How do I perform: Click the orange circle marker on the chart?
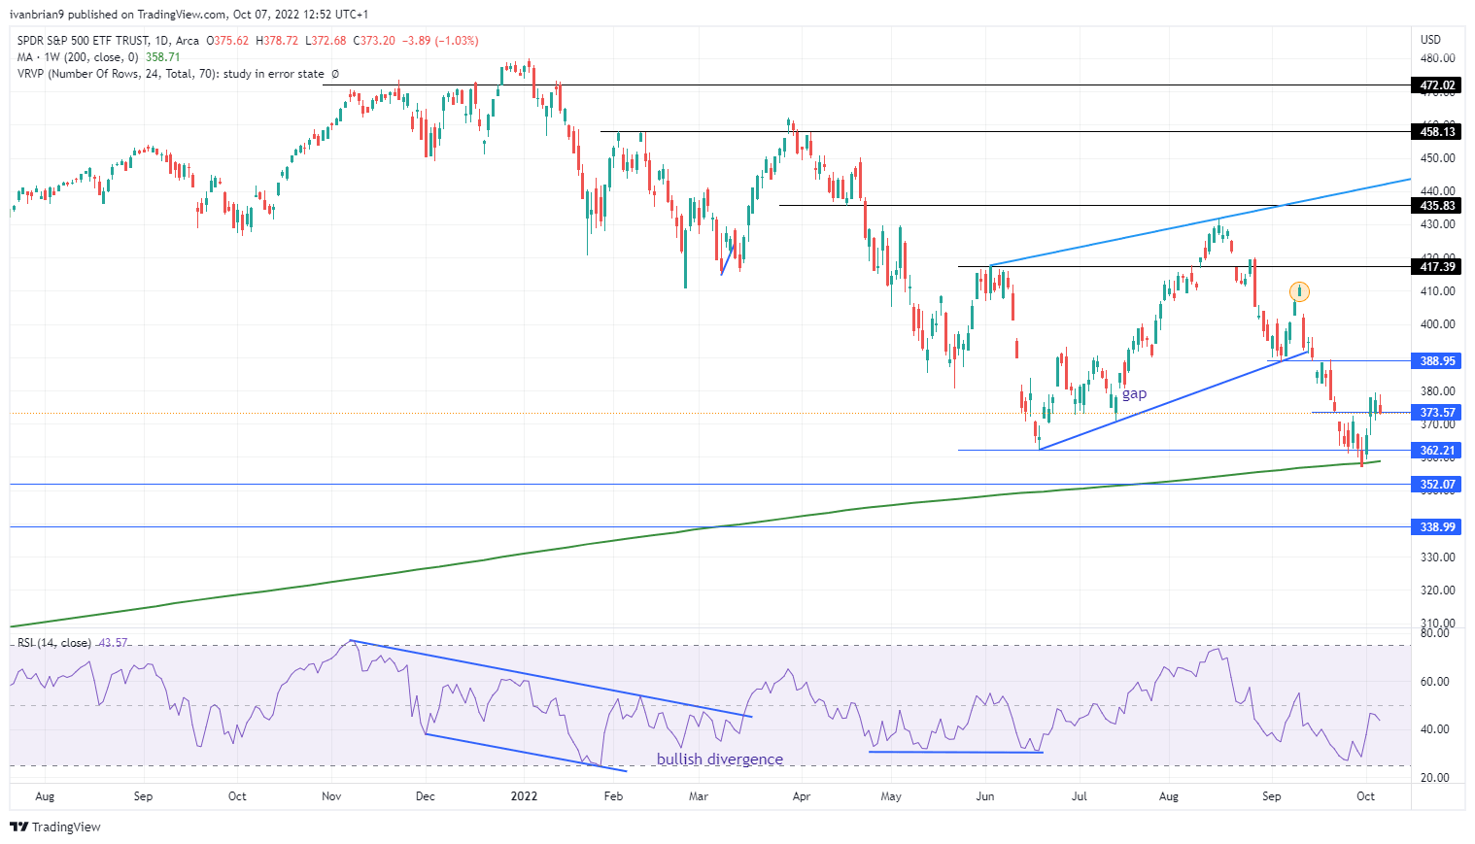(1299, 291)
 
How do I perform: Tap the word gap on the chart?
(1134, 393)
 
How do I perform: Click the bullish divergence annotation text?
(719, 760)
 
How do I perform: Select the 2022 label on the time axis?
(524, 796)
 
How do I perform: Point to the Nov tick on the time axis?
(331, 796)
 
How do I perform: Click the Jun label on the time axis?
(984, 796)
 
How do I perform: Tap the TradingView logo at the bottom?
(55, 827)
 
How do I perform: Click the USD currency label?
(1430, 40)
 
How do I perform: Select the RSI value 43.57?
(114, 643)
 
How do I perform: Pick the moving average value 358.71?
(163, 57)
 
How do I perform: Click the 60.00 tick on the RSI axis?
(1435, 682)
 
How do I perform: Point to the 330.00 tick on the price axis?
(1437, 557)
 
